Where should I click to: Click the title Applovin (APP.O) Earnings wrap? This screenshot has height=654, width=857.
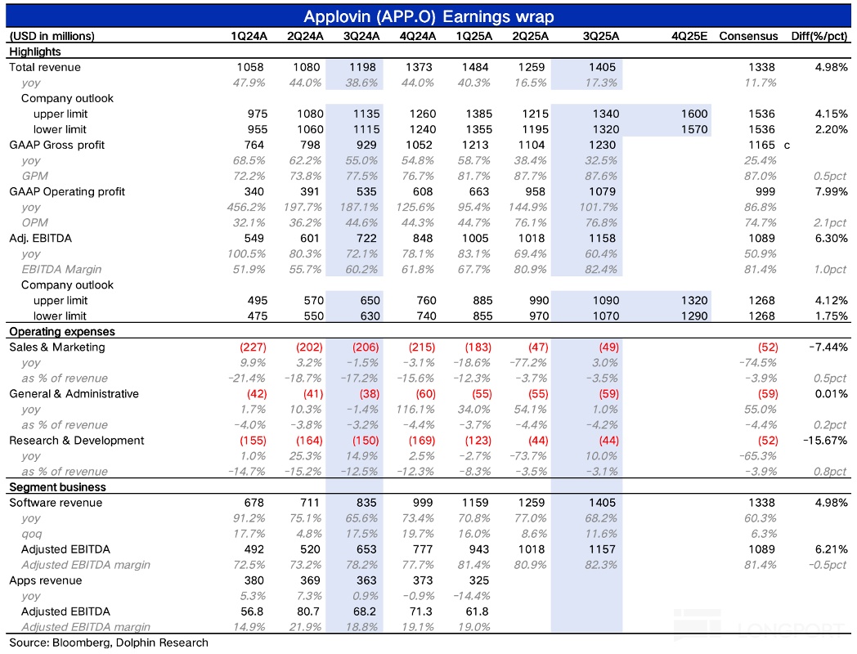pos(428,16)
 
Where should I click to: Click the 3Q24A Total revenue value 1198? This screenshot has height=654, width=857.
pos(365,67)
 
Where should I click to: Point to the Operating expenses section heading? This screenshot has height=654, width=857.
pos(50,332)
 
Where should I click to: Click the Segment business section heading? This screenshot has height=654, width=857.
pos(46,487)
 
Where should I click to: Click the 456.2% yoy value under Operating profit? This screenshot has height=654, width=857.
pos(246,207)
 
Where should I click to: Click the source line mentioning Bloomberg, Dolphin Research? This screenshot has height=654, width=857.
pos(108,643)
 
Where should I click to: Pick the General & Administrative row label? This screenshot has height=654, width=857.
pos(74,394)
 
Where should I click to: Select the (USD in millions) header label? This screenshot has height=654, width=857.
pos(51,36)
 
